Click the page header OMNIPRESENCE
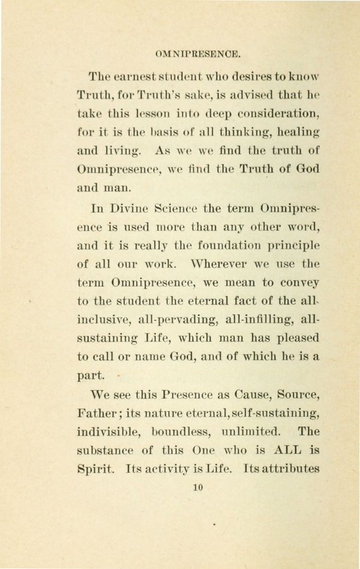tap(197, 55)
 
